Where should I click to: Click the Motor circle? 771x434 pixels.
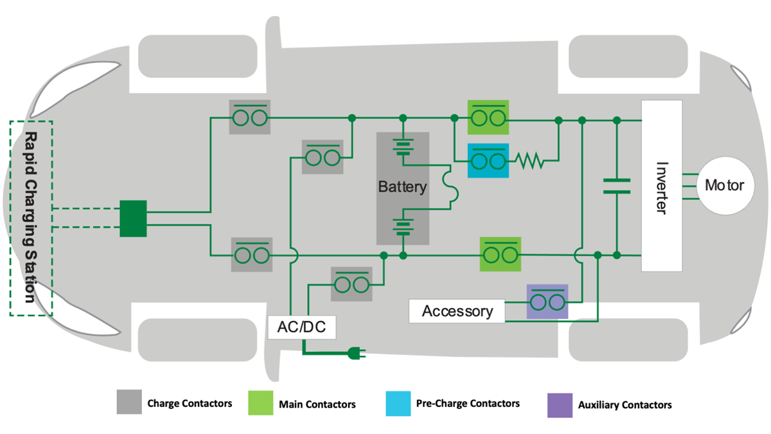724,186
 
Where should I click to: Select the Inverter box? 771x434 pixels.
661,186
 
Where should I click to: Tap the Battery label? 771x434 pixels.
402,187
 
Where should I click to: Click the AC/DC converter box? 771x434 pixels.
301,328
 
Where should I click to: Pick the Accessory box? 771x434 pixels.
457,311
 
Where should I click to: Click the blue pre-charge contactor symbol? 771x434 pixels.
488,160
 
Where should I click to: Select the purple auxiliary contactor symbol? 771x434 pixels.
547,302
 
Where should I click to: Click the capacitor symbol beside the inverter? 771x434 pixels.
616,186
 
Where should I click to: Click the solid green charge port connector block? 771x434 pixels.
133,218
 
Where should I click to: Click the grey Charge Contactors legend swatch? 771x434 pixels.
128,402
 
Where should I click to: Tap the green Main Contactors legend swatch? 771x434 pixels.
261,403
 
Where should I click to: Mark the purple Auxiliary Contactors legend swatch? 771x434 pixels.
558,404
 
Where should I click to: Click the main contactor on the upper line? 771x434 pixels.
488,117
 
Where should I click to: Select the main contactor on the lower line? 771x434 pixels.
501,254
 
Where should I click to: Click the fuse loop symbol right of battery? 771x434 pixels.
450,187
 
